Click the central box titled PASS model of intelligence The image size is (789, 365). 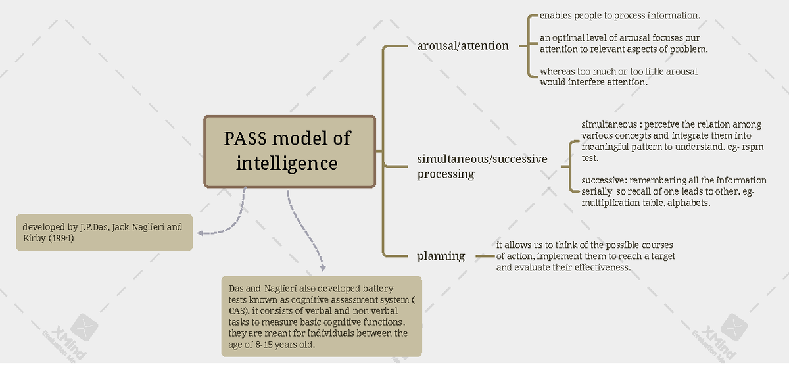click(289, 151)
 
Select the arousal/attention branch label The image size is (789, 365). click(463, 46)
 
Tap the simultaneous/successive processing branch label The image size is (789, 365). click(482, 166)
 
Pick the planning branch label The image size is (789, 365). click(441, 256)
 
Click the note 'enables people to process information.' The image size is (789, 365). click(620, 16)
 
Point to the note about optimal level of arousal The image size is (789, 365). click(624, 43)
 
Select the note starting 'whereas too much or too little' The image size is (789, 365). click(619, 77)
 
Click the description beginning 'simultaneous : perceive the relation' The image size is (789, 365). click(673, 141)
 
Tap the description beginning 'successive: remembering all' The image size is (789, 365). click(674, 191)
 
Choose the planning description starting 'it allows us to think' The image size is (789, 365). click(586, 256)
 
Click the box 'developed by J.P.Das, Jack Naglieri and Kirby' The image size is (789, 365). click(105, 232)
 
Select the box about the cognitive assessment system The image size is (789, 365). click(322, 316)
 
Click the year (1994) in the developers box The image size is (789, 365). click(61, 238)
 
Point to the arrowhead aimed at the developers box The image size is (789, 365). click(200, 233)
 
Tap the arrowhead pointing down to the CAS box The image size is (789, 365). click(323, 268)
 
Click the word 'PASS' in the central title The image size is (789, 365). click(245, 138)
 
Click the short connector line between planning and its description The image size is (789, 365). click(485, 256)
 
